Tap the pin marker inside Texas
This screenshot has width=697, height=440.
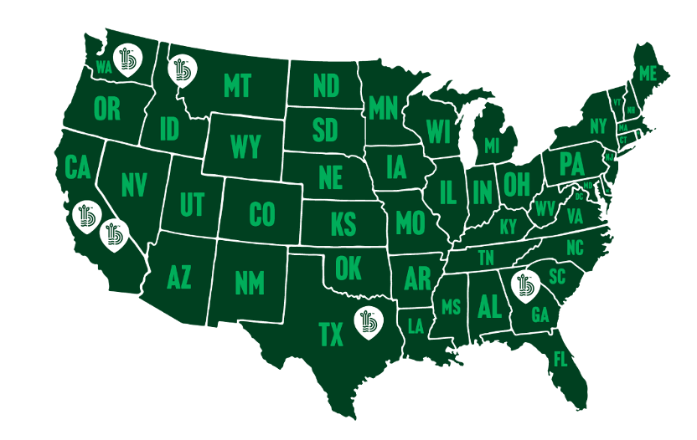(366, 321)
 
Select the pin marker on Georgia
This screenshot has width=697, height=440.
(525, 283)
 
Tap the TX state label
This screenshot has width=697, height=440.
(332, 335)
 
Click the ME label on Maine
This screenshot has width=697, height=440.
(647, 74)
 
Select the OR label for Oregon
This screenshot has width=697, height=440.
(107, 109)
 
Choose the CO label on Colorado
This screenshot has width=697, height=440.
(262, 216)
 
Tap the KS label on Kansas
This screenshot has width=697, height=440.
(343, 225)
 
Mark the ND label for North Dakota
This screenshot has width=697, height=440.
(325, 86)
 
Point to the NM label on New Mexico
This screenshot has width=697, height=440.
(249, 283)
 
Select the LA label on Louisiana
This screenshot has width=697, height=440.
(416, 326)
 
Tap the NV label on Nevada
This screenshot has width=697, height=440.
(134, 183)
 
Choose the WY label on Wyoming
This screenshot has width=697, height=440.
(245, 148)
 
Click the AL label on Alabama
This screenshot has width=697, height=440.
(489, 305)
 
